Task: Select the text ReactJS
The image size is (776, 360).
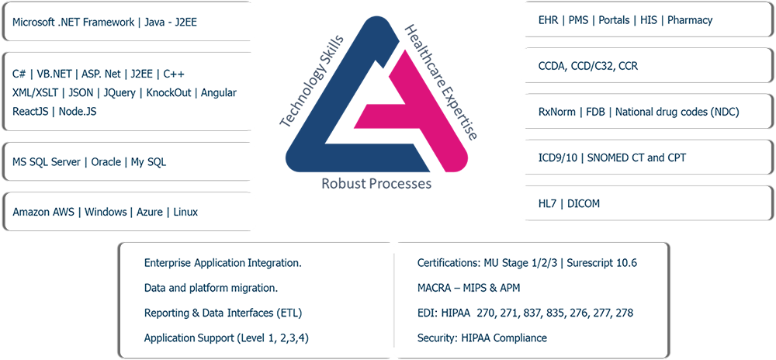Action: (29, 112)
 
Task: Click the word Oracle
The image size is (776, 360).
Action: (106, 162)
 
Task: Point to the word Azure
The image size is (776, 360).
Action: (150, 212)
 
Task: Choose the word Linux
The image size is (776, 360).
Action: (185, 212)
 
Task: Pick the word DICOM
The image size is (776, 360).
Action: (584, 204)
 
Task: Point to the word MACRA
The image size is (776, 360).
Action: (435, 288)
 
